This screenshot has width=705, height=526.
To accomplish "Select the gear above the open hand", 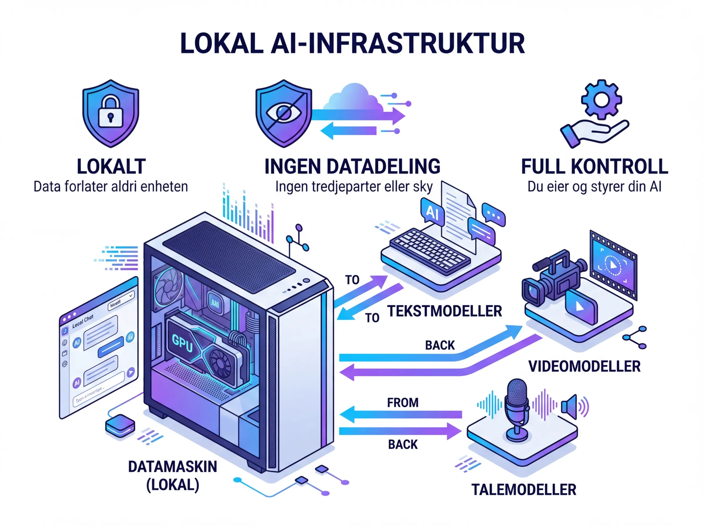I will point(601,99).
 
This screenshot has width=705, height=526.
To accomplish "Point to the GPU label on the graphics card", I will point(182,343).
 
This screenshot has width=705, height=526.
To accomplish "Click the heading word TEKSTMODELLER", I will point(444,311).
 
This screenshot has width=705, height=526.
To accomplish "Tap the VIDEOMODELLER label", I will point(584,366).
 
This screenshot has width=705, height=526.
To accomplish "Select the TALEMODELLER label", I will point(523,490).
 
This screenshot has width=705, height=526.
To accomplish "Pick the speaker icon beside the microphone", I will point(570,407).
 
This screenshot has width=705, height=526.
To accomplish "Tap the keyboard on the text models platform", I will point(430,252).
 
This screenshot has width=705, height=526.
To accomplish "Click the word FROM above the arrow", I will point(402,403).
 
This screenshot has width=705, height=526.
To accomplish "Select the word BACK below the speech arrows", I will point(402,444).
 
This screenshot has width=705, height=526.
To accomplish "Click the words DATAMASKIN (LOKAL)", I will point(172,476).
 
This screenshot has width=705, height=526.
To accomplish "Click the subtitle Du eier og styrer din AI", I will point(594,187).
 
